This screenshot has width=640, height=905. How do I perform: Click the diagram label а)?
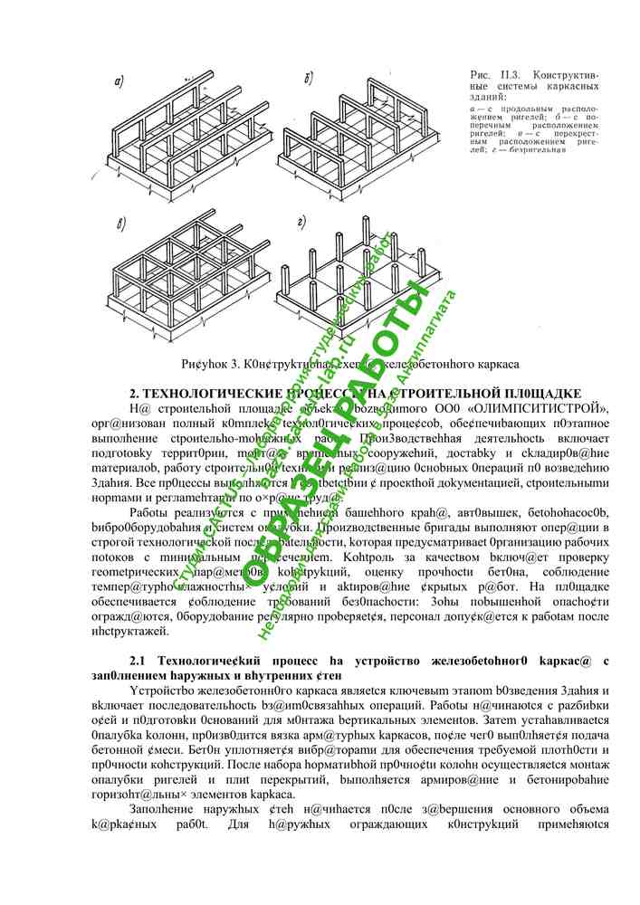coord(119,84)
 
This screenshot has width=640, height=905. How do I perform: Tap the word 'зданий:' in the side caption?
coord(489,96)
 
